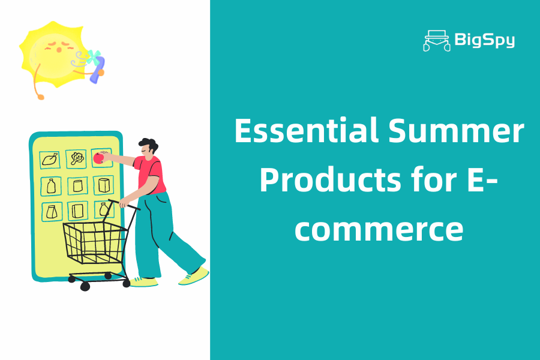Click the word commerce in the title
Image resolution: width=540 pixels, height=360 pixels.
[x=379, y=229]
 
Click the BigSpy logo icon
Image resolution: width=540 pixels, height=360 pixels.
[x=437, y=40]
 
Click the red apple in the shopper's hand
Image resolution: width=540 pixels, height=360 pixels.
[x=98, y=158]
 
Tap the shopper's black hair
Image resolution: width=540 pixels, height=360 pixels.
[x=149, y=145]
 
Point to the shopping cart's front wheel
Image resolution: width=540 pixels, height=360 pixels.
[x=85, y=286]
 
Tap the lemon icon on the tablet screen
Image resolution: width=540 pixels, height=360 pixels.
[x=50, y=160]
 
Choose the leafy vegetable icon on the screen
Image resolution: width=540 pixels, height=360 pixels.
[x=76, y=159]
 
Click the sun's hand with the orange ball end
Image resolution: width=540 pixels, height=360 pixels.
[x=40, y=95]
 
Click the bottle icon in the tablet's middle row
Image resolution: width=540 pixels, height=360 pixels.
[x=50, y=185]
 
